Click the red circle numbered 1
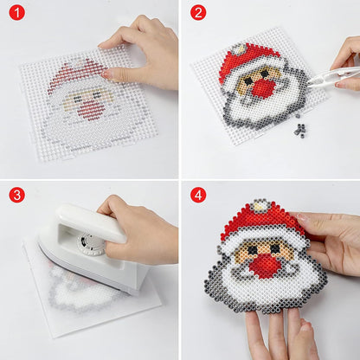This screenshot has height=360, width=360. pyautogui.click(x=17, y=13)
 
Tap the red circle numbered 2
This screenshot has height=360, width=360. pyautogui.click(x=198, y=13)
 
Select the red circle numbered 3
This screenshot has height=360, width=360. pyautogui.click(x=17, y=195)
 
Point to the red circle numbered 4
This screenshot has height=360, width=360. pyautogui.click(x=198, y=195)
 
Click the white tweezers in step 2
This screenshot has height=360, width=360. pyautogui.click(x=331, y=77)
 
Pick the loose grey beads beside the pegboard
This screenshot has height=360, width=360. pyautogui.click(x=300, y=128)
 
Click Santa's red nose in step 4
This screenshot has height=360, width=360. pyautogui.click(x=262, y=266)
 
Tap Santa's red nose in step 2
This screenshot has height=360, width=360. pyautogui.click(x=262, y=87)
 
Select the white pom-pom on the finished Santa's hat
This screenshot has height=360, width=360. pyautogui.click(x=262, y=207)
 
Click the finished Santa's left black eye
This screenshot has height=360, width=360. pyautogui.click(x=253, y=249)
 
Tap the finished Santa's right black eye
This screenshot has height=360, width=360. pyautogui.click(x=275, y=247)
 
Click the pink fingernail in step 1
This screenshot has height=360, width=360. pyautogui.click(x=106, y=74)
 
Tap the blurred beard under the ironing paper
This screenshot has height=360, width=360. pyautogui.click(x=84, y=292)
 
